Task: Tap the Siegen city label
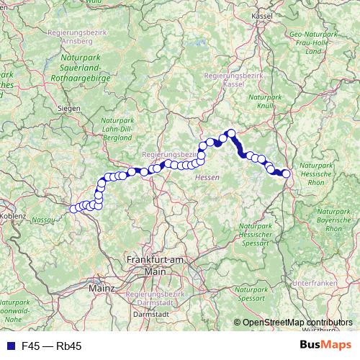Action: [x=69, y=109]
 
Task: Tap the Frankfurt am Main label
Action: [x=156, y=265]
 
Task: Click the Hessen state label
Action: [x=207, y=176]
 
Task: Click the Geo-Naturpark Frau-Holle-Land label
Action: [x=314, y=42]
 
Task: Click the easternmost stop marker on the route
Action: [x=286, y=174]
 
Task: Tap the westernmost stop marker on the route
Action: [x=73, y=210]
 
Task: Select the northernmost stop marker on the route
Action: [x=232, y=132]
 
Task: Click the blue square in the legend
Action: [x=7, y=346]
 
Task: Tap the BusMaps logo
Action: [x=330, y=346]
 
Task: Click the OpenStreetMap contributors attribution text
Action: [x=292, y=323]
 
